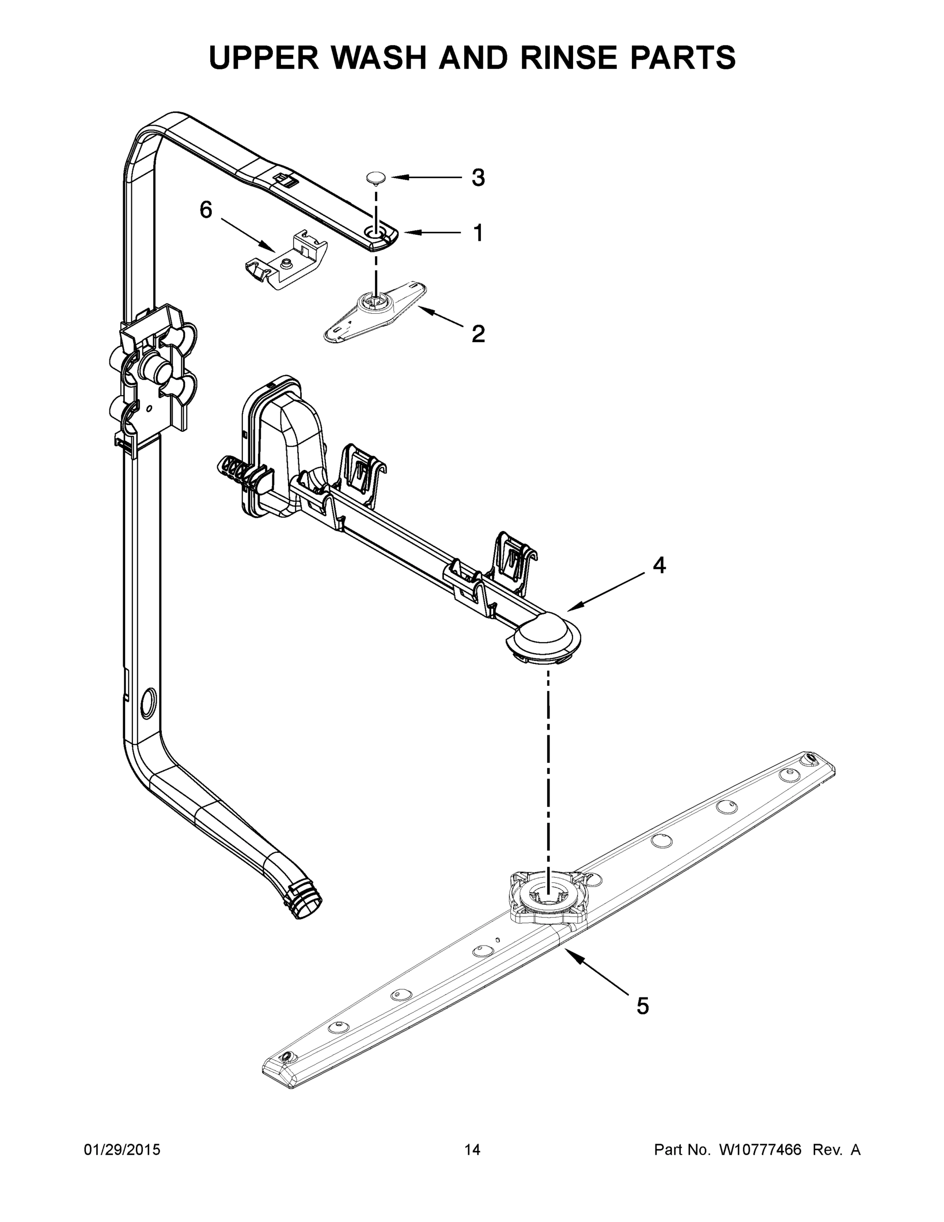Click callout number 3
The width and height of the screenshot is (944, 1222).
tap(477, 178)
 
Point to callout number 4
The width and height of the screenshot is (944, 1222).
tap(660, 566)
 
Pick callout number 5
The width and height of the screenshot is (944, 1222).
tap(643, 1006)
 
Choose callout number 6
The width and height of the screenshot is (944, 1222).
tap(207, 210)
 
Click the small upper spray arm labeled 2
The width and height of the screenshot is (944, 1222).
tap(375, 311)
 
